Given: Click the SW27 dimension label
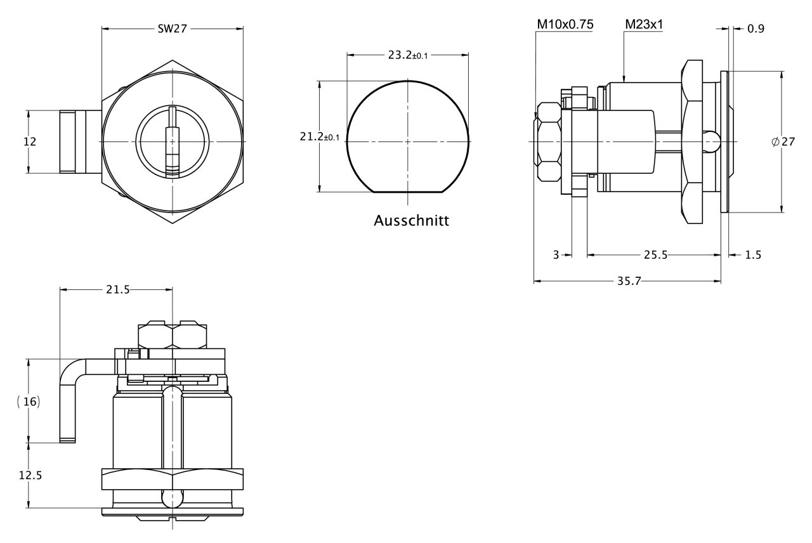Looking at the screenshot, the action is click(172, 29).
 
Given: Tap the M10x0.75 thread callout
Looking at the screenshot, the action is click(565, 24).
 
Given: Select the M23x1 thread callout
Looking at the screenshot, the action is click(644, 24).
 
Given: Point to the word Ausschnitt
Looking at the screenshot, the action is click(412, 221).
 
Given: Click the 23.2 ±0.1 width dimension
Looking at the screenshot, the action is click(408, 55).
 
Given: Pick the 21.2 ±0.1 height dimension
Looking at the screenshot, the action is click(319, 136).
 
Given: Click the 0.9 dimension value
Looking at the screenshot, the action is click(756, 29).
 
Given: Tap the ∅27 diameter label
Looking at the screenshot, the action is click(783, 141).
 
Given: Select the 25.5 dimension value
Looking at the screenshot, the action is click(655, 255).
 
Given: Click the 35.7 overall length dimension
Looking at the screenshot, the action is click(629, 281).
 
